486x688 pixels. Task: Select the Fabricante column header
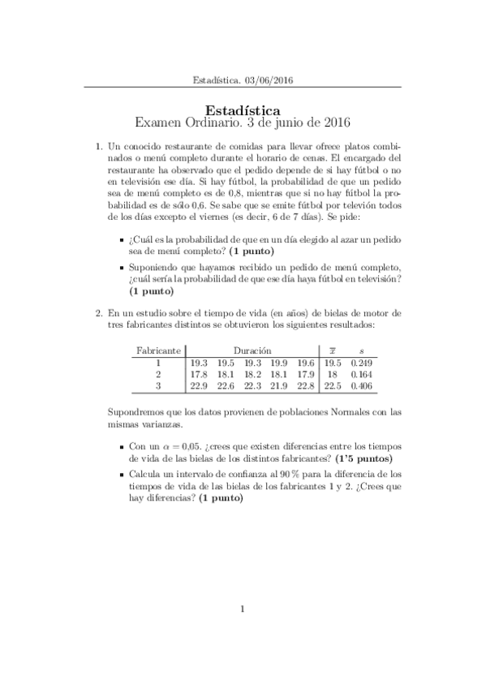(x=159, y=349)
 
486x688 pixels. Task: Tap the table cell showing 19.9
(x=279, y=362)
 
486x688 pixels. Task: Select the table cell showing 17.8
(x=199, y=374)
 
